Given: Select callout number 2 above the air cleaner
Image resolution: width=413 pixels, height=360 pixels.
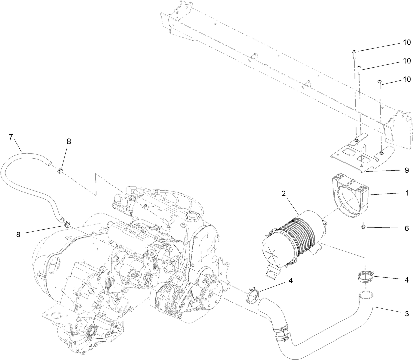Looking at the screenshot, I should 284,193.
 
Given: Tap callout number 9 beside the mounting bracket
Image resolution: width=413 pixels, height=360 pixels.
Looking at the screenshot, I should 407,170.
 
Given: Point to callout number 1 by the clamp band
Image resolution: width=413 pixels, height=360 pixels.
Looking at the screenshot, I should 407,193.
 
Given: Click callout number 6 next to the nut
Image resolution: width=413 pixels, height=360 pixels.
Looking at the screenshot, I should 407,228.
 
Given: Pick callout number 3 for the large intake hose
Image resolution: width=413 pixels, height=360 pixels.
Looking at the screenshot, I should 407,314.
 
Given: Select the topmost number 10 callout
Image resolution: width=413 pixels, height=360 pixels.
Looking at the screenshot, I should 407,43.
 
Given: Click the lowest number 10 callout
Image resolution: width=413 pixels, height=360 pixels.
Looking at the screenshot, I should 407,79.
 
